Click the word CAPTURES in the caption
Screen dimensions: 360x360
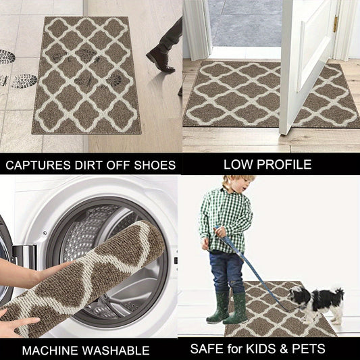pyautogui.click(x=38, y=165)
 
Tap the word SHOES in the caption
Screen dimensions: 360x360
pyautogui.click(x=155, y=165)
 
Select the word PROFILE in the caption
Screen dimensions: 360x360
pyautogui.click(x=284, y=165)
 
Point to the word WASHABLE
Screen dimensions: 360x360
pyautogui.click(x=115, y=351)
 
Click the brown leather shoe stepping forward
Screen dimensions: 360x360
pyautogui.click(x=161, y=60)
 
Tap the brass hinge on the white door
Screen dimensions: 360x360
pyautogui.click(x=336, y=24)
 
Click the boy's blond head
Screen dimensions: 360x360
pyautogui.click(x=238, y=184)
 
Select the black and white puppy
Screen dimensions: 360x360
pyautogui.click(x=316, y=303)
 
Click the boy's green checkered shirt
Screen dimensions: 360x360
pyautogui.click(x=226, y=220)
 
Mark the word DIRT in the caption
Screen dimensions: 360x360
pyautogui.click(x=89, y=165)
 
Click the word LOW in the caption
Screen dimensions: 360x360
pyautogui.click(x=238, y=165)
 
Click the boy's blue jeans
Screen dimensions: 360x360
pyautogui.click(x=227, y=272)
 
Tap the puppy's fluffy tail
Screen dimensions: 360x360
pyautogui.click(x=338, y=294)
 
